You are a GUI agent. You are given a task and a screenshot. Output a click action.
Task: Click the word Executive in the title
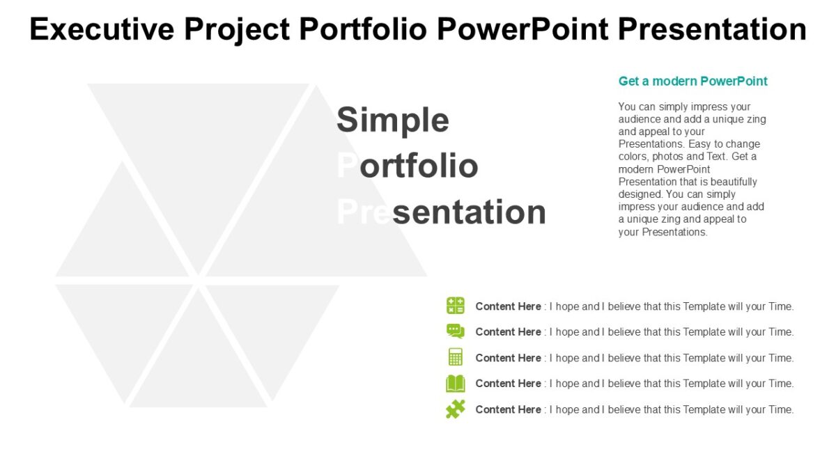pos(102,29)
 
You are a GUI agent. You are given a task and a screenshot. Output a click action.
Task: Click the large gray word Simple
pos(393,120)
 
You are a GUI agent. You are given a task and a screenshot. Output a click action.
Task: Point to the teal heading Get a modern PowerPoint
pos(692,81)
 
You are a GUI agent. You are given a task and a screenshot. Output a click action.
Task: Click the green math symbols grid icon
pos(455,306)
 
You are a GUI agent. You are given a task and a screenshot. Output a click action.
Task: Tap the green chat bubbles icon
pos(455,331)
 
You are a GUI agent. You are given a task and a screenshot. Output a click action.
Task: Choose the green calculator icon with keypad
pos(455,357)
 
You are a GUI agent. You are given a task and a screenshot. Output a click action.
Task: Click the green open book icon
pos(455,384)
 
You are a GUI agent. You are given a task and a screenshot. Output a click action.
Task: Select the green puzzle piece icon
pos(455,409)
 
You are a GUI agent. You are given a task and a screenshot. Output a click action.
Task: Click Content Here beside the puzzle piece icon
pos(508,409)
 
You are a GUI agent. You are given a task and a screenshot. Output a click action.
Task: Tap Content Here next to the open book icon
pos(508,384)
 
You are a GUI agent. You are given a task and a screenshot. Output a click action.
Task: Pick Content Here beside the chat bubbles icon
pos(508,332)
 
